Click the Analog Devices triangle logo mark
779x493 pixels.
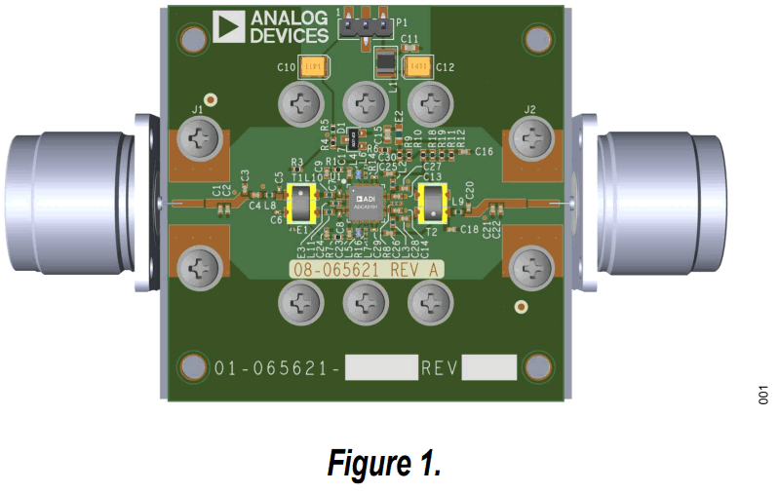(x=229, y=27)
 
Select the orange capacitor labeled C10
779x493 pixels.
(x=313, y=67)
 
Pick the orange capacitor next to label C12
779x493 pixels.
(x=416, y=67)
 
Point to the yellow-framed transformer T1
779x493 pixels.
(x=302, y=203)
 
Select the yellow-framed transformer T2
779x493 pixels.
(x=430, y=202)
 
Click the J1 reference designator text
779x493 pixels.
(x=198, y=108)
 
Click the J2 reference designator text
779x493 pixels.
(x=530, y=108)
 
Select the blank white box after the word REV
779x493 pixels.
(x=488, y=368)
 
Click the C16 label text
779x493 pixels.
(x=485, y=152)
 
